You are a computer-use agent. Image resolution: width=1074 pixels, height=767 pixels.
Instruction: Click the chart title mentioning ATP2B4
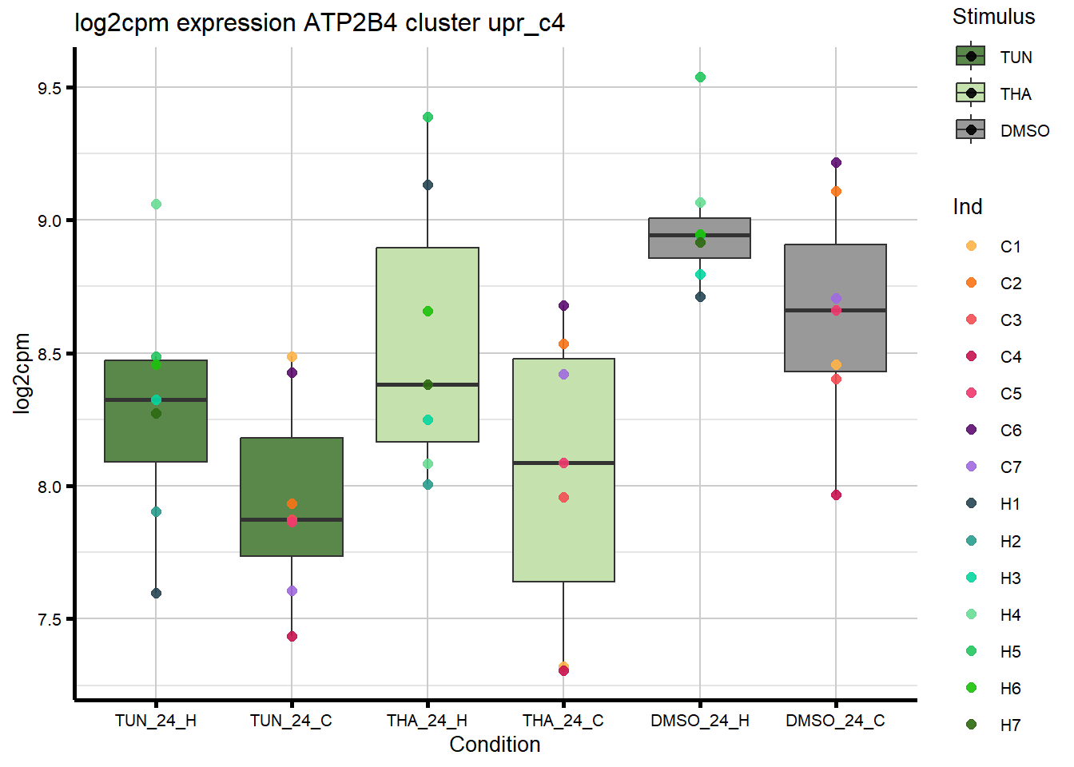320,23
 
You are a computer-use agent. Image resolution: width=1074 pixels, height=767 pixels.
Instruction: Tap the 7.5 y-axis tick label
50,620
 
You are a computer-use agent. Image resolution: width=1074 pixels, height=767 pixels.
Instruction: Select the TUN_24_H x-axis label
156,721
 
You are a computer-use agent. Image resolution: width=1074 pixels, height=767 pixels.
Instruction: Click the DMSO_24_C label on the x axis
835,721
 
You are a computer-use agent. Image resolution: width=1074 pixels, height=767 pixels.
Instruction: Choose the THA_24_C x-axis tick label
563,721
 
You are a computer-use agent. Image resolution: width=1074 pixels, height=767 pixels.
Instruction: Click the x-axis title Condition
495,745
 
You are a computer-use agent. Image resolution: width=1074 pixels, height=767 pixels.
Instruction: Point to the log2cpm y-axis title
22,373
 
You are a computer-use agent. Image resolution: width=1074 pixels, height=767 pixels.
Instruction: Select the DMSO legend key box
971,129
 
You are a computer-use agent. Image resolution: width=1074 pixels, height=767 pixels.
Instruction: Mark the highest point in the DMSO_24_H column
700,77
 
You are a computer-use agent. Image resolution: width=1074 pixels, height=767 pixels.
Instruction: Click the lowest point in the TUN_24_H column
156,594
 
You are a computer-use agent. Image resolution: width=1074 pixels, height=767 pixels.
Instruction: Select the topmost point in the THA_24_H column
428,117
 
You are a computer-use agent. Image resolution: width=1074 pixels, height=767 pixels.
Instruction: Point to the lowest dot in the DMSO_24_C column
836,495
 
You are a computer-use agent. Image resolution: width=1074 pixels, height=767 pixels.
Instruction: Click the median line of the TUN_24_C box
292,519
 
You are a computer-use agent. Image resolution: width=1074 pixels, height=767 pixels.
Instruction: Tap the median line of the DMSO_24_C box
836,310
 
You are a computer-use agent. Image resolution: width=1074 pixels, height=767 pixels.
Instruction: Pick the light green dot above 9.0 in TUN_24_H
156,205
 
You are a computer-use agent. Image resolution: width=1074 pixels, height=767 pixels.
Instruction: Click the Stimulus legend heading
993,17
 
